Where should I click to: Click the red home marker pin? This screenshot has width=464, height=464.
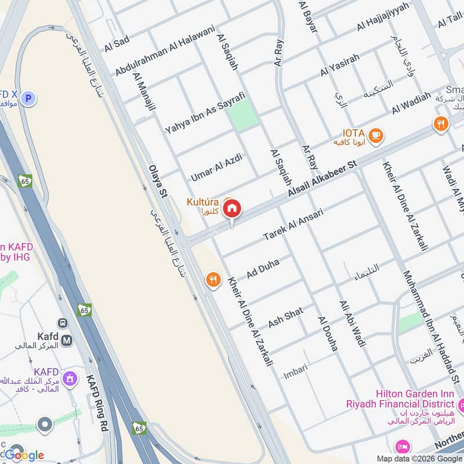(232, 208)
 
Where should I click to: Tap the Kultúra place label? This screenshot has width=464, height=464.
(202, 206)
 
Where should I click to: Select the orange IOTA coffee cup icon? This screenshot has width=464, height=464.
(376, 135)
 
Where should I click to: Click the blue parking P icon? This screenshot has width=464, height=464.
(27, 99)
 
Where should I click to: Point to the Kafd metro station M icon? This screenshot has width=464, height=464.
(67, 340)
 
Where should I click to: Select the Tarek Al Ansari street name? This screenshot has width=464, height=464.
(293, 225)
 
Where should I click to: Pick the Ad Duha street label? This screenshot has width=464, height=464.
(263, 268)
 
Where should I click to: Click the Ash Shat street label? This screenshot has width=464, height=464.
(285, 317)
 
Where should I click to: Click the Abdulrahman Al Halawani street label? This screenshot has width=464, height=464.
(165, 50)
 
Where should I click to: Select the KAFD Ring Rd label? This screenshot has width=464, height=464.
(97, 401)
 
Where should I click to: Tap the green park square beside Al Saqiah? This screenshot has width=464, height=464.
(243, 114)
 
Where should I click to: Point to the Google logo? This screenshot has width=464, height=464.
(24, 455)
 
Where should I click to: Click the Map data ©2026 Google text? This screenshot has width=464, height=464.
(418, 458)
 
